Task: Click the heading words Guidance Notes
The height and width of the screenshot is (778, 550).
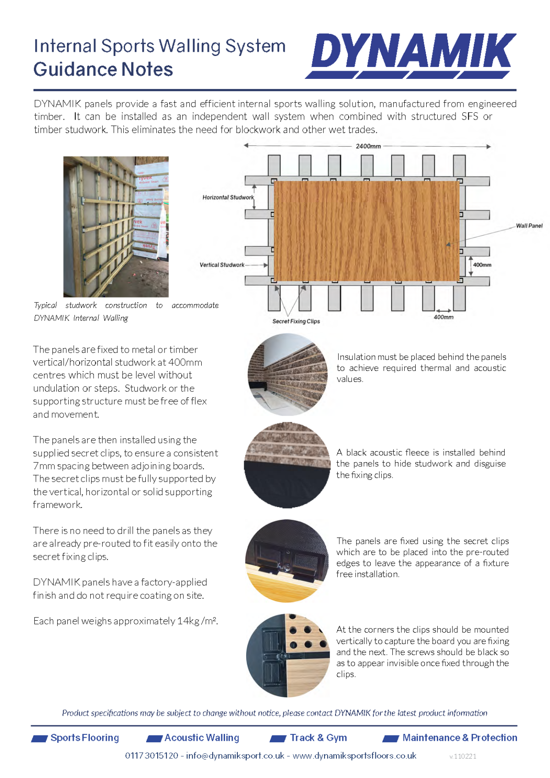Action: click(103, 70)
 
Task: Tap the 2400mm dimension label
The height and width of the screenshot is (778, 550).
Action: click(368, 146)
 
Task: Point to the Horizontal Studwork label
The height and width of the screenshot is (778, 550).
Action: click(228, 198)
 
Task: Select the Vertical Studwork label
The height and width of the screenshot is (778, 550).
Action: click(222, 265)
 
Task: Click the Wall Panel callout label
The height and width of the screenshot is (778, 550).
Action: click(529, 226)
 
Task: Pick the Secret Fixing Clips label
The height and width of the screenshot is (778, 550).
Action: click(296, 321)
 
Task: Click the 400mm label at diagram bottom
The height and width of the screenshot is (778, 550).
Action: click(443, 317)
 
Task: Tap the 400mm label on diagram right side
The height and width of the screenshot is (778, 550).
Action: click(482, 265)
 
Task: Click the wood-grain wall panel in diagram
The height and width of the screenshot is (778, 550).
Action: click(366, 231)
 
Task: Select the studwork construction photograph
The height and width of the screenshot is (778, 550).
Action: click(116, 227)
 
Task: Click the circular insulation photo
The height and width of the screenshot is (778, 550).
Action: click(288, 375)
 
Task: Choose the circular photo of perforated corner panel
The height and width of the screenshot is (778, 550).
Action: click(288, 655)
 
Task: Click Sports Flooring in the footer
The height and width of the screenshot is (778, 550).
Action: click(84, 738)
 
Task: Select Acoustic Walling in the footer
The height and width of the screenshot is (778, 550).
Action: click(202, 738)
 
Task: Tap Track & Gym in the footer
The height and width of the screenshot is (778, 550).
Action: click(318, 738)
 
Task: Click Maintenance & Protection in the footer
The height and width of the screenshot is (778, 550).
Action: click(459, 738)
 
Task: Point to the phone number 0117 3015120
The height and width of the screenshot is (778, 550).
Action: click(152, 756)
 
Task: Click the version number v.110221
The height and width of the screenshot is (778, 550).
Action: click(462, 756)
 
